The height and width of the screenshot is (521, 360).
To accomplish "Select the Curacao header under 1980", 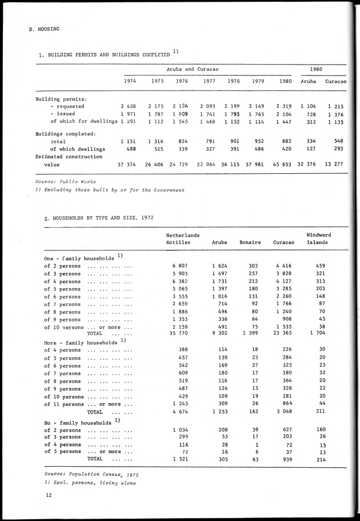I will coord(337,81).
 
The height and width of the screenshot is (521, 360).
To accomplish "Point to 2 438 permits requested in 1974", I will coord(128,106).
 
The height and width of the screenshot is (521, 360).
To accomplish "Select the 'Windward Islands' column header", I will coord(319,238).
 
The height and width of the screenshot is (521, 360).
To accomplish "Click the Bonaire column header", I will coord(250,242).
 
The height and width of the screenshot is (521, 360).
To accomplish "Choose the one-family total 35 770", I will coord(178,333).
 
